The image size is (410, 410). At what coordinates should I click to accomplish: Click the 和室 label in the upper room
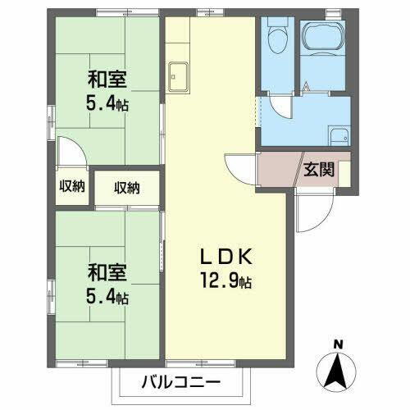pyautogui.click(x=107, y=80)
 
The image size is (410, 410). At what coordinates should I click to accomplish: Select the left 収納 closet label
pyautogui.click(x=71, y=187)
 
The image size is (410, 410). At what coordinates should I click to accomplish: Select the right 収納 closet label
pyautogui.click(x=127, y=188)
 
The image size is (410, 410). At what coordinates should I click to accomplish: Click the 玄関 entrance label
pyautogui.click(x=318, y=171)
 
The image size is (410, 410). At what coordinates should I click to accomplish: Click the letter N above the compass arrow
pyautogui.click(x=338, y=344)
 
